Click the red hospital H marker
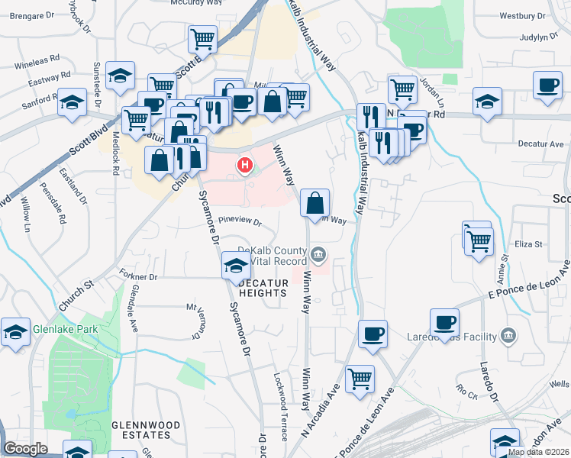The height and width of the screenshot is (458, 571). [245, 164]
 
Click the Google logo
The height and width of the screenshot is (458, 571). [26, 449]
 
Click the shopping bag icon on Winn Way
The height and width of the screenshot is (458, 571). [315, 204]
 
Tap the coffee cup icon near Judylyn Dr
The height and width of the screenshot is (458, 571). [547, 85]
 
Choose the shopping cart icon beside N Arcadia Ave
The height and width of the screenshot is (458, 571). [360, 379]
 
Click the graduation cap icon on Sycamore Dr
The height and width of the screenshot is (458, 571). [236, 266]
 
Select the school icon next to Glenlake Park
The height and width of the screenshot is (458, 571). [15, 333]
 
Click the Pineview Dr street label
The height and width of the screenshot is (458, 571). [240, 223]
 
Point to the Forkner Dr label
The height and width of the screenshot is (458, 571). [138, 276]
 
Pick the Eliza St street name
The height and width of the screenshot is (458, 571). [527, 244]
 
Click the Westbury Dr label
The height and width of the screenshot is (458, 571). [523, 15]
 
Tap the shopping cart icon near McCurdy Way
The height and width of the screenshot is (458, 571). [202, 38]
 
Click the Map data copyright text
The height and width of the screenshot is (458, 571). [538, 452]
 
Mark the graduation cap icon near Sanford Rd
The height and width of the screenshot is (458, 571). [72, 103]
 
